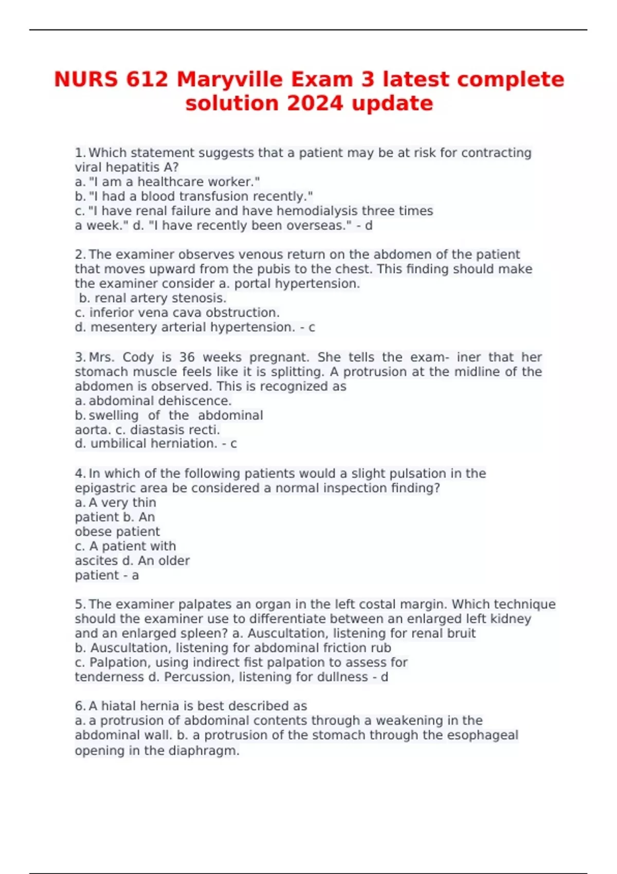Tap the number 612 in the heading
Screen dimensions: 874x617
[x=147, y=80]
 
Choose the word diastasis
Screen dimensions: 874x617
[x=154, y=430]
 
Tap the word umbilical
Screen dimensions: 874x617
[x=117, y=444]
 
